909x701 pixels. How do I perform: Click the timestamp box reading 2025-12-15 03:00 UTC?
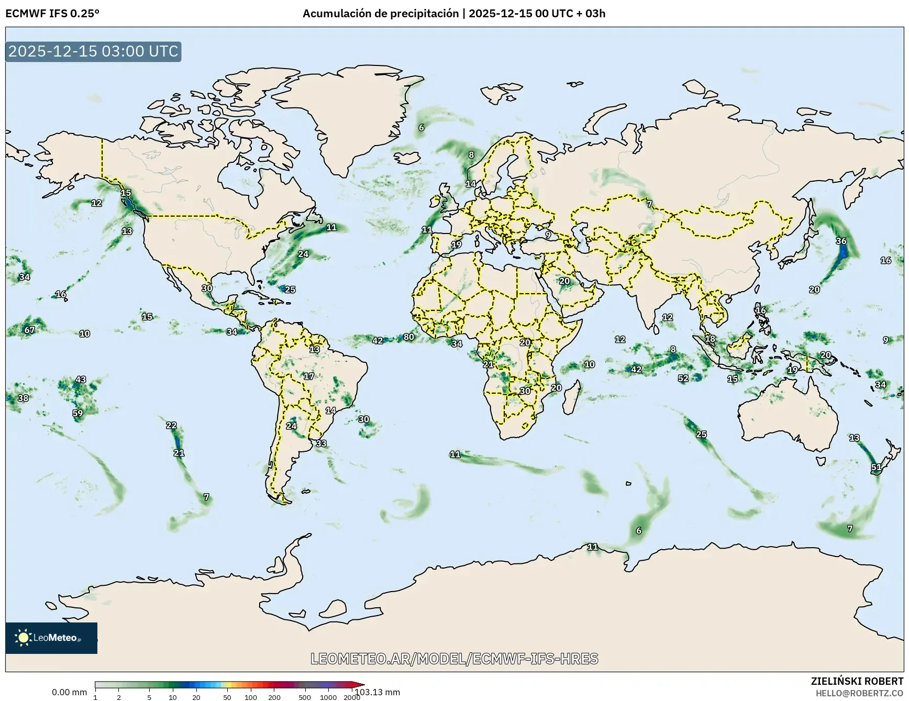pyautogui.click(x=93, y=51)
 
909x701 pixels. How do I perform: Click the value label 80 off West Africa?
pyautogui.click(x=409, y=337)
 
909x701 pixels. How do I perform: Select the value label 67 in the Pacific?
pyautogui.click(x=29, y=330)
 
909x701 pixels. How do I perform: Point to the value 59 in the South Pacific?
pyautogui.click(x=77, y=413)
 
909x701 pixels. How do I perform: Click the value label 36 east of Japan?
pyautogui.click(x=841, y=241)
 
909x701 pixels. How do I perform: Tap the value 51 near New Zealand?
pyautogui.click(x=876, y=467)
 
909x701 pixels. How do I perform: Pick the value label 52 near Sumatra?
pyautogui.click(x=683, y=378)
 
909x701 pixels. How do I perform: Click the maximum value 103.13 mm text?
pyautogui.click(x=377, y=692)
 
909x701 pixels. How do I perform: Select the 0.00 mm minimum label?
pyautogui.click(x=69, y=692)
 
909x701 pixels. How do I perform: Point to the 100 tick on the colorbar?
pyautogui.click(x=251, y=697)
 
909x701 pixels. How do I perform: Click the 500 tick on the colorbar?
pyautogui.click(x=305, y=697)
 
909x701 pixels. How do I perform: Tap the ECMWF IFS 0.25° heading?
pyautogui.click(x=52, y=14)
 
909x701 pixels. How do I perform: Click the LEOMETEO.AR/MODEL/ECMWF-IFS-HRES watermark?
pyautogui.click(x=454, y=659)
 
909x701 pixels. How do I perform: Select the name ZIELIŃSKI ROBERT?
pyautogui.click(x=857, y=681)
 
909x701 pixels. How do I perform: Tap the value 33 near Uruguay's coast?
pyautogui.click(x=321, y=443)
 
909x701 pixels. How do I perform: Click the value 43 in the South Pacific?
pyautogui.click(x=81, y=380)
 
